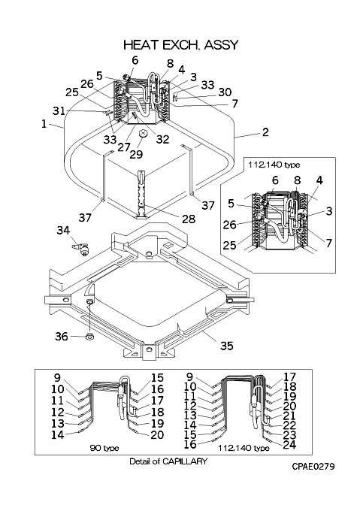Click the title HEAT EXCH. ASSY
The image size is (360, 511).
(x=181, y=45)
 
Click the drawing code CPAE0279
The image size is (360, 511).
(x=313, y=467)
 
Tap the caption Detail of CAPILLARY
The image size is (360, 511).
(x=168, y=461)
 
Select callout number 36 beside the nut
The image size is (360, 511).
(x=61, y=337)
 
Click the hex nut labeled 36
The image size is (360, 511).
(x=89, y=337)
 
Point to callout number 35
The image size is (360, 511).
(x=227, y=346)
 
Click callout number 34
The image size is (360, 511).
(x=63, y=230)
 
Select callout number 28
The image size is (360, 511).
(x=189, y=219)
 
